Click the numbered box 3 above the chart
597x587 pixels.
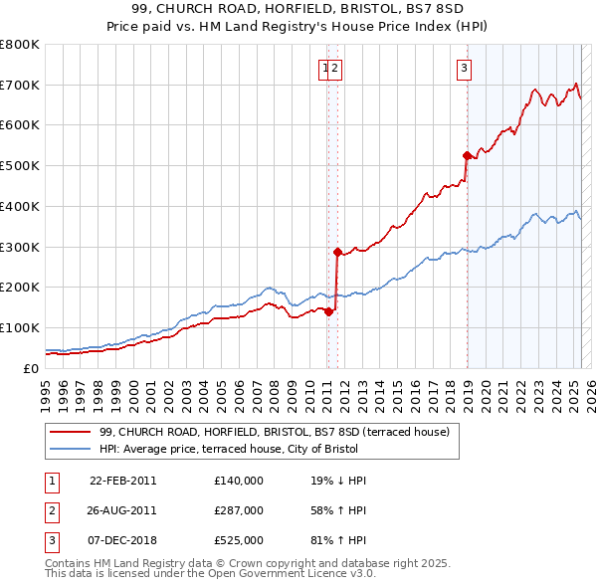465,68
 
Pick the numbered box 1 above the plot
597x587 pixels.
325,68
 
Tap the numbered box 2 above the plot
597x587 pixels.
336,68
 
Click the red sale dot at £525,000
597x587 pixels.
466,155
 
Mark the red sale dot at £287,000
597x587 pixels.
337,252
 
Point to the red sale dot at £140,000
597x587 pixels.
328,311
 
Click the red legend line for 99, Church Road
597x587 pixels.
70,433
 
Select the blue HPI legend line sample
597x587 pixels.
70,449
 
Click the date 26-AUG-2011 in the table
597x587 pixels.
122,510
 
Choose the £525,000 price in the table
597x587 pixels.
239,540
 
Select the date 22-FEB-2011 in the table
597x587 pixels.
122,481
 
